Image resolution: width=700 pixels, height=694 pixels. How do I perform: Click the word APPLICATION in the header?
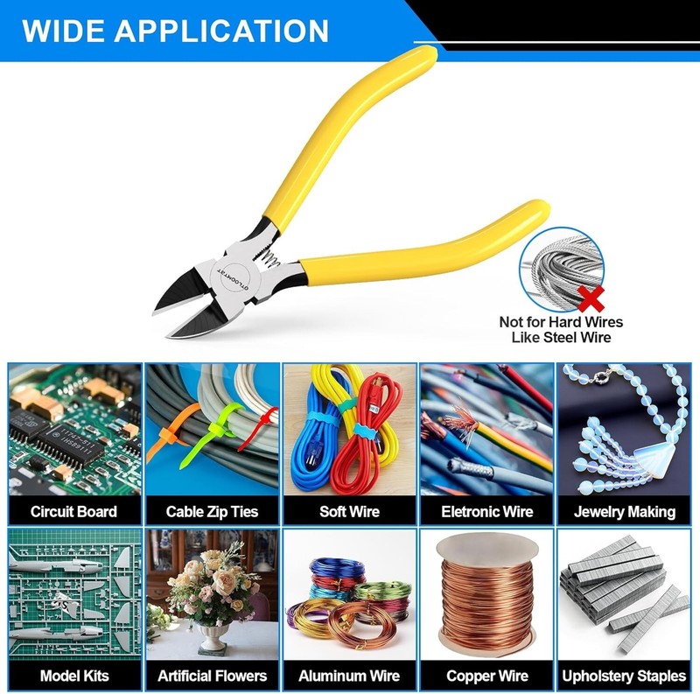pyautogui.click(x=221, y=31)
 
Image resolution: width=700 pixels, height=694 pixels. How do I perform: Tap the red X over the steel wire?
pyautogui.click(x=591, y=298)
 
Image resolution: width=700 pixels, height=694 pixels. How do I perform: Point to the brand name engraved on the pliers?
pyautogui.click(x=232, y=279)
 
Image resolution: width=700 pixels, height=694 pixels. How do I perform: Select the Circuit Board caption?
pyautogui.click(x=73, y=511)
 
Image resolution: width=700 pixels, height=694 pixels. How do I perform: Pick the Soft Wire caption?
pyautogui.click(x=349, y=511)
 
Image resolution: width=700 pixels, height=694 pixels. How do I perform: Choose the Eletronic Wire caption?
pyautogui.click(x=487, y=511)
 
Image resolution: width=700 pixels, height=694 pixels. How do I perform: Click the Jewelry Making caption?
pyautogui.click(x=625, y=512)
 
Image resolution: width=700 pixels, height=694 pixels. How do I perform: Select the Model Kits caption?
pyautogui.click(x=74, y=676)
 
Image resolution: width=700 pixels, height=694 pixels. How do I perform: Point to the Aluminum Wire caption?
pyautogui.click(x=349, y=676)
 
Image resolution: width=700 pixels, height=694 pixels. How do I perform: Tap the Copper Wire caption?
pyautogui.click(x=487, y=676)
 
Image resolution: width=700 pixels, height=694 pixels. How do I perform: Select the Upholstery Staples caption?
pyautogui.click(x=624, y=676)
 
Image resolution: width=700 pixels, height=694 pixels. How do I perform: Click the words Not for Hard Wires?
pyautogui.click(x=561, y=322)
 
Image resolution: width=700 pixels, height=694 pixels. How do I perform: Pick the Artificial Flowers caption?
pyautogui.click(x=212, y=676)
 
